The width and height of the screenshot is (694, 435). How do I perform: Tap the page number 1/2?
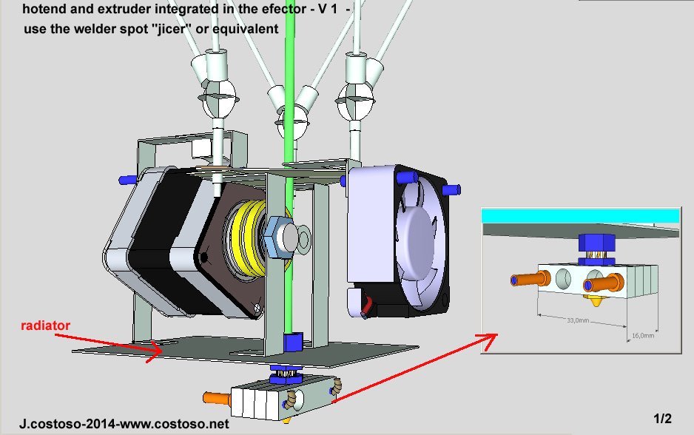(663, 419)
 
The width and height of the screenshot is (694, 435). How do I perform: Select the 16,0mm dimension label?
(642, 335)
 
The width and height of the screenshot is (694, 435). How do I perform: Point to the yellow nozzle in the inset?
(595, 301)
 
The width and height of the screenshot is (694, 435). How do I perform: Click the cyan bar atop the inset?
(580, 215)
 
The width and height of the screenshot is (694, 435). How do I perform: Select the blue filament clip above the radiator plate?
(293, 342)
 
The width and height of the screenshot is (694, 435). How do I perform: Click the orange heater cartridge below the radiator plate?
(217, 398)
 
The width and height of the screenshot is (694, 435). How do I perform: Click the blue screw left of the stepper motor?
(127, 180)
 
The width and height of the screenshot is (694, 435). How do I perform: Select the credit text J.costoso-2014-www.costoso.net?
(125, 425)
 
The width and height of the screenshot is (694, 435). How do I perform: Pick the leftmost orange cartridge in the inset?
(527, 280)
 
